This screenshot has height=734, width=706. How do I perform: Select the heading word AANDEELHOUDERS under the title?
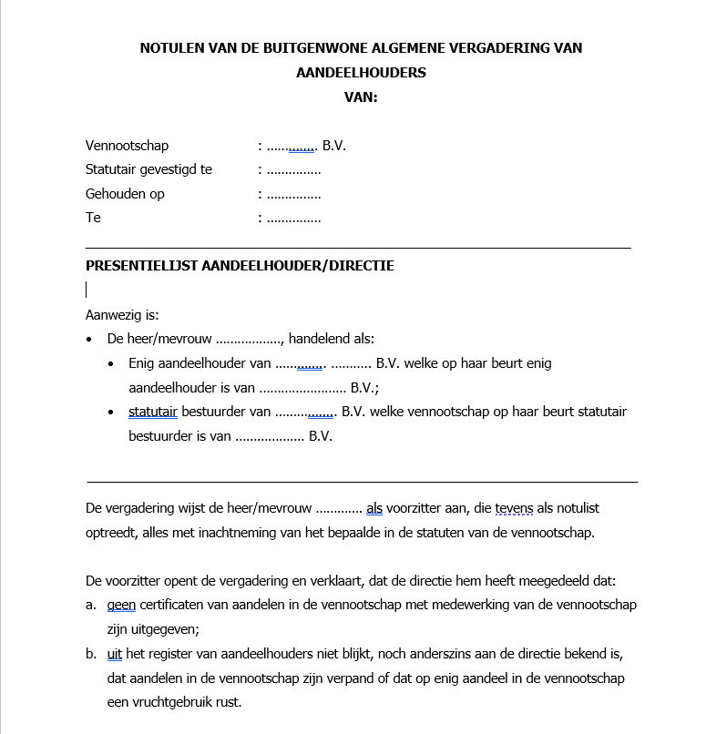click(x=361, y=73)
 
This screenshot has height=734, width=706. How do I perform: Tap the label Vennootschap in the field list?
click(x=127, y=146)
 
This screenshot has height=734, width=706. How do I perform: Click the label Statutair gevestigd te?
click(x=148, y=169)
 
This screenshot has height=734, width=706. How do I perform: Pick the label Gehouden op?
click(x=125, y=194)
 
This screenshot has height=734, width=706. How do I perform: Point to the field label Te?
click(x=93, y=218)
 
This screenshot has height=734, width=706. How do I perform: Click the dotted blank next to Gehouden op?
click(x=293, y=195)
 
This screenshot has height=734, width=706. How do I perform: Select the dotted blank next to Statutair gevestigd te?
click(x=293, y=170)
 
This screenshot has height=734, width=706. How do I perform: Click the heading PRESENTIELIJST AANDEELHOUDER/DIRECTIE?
click(x=240, y=266)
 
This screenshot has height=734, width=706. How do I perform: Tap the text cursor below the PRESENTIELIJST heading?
click(x=87, y=290)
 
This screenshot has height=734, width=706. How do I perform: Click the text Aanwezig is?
click(x=122, y=315)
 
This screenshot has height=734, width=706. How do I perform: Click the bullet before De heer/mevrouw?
click(x=89, y=339)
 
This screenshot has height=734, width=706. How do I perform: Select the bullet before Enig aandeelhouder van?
click(x=111, y=363)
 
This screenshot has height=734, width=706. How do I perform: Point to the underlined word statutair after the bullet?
click(x=153, y=412)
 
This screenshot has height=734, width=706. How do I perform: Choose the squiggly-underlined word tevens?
click(x=512, y=508)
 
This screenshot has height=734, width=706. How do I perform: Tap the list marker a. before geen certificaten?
click(x=91, y=605)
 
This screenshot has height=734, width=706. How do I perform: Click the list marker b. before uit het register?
click(x=91, y=654)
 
